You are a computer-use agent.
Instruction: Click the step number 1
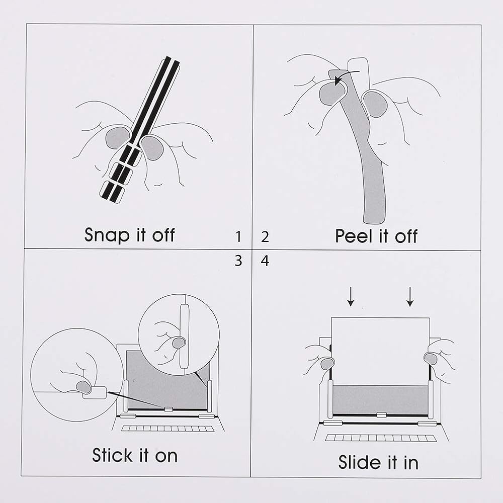pos(238,237)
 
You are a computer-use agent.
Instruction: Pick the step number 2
pos(265,237)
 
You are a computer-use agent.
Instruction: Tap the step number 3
pos(238,261)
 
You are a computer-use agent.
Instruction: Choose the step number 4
pos(265,261)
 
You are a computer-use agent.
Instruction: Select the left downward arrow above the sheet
pos(351,297)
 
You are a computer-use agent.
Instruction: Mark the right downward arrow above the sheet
pos(409,297)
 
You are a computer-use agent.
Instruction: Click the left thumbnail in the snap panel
pos(118,138)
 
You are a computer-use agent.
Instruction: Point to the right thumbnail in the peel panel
pos(375,104)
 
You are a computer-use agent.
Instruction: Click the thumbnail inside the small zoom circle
pos(179,343)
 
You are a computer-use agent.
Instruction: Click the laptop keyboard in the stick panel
pos(169,429)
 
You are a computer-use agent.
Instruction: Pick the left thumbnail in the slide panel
pos(327,364)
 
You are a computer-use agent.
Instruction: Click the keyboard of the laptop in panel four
pos(381,438)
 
